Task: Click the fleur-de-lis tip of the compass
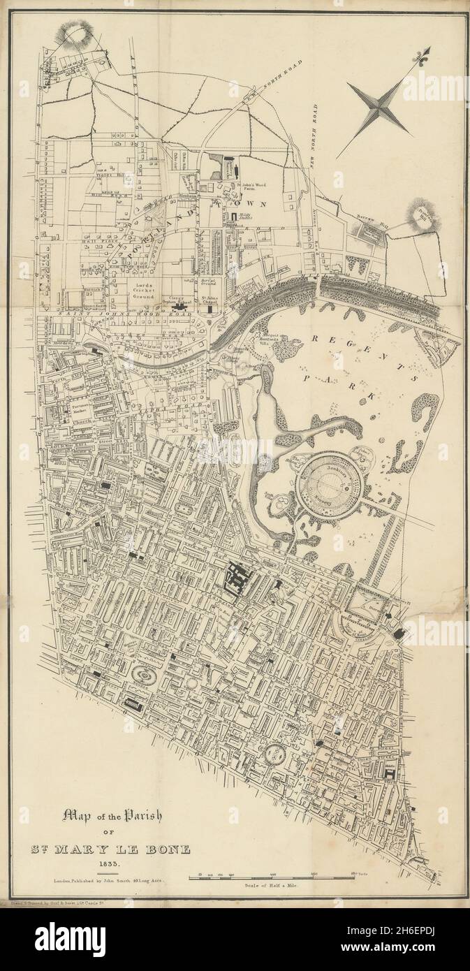pos(424,54)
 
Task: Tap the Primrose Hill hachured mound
pos(422,214)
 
